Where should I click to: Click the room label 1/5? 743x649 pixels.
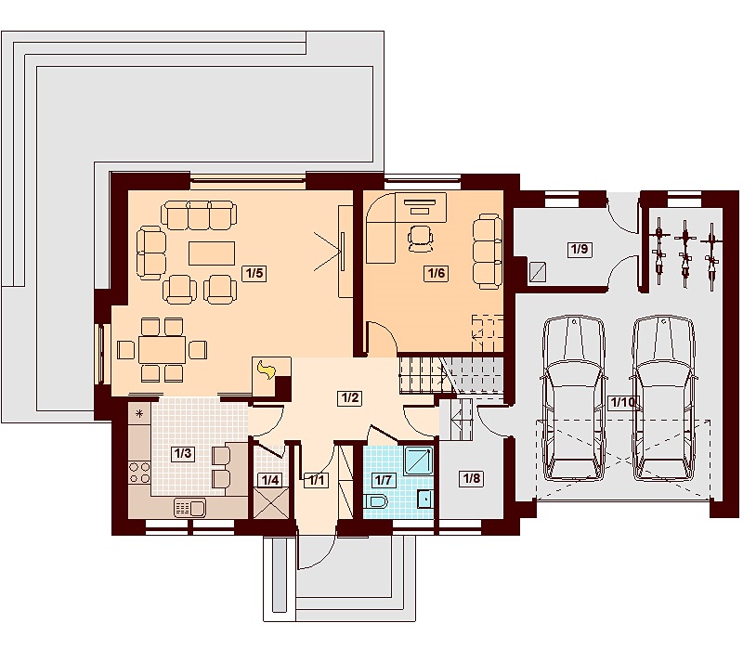click(254, 273)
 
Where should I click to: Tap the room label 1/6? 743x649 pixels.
click(437, 273)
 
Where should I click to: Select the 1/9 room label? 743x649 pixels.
click(579, 249)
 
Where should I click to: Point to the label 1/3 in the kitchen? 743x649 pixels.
click(183, 453)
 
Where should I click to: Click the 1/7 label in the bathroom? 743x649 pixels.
click(383, 480)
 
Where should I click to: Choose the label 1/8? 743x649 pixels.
click(472, 478)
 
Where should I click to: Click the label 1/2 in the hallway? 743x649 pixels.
click(350, 397)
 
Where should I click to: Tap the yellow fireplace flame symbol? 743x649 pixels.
click(267, 370)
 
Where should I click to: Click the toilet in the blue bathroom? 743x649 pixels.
click(377, 500)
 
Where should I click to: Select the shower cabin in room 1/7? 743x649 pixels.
click(419, 460)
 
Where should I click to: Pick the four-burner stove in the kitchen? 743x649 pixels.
click(139, 473)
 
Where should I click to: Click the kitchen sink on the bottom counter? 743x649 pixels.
click(190, 508)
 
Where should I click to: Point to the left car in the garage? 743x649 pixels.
click(573, 398)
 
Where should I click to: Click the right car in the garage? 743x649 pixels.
click(663, 398)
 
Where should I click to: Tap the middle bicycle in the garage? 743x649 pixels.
click(684, 253)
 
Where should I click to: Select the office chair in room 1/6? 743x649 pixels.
click(420, 239)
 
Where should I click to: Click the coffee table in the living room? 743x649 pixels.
click(212, 253)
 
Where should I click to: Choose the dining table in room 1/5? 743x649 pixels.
click(162, 350)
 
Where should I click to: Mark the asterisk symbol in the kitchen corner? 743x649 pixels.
click(139, 413)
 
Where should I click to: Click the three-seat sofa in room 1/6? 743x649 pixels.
click(487, 251)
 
